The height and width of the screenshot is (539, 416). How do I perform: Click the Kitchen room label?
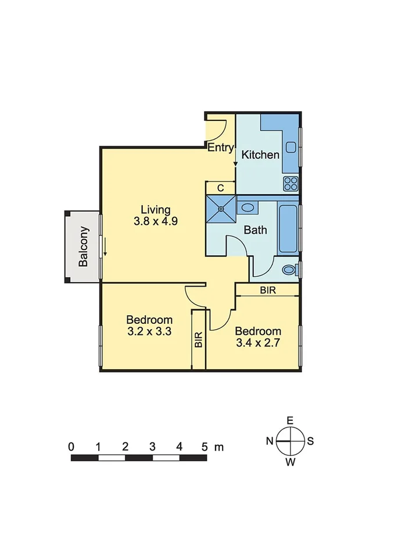coord(260,155)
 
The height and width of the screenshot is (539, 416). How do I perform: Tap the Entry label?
coord(220,148)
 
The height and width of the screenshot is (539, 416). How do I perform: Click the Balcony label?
coord(84,247)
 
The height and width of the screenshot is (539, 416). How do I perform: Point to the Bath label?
coord(255,230)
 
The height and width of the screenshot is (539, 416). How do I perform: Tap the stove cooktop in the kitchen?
coord(291,184)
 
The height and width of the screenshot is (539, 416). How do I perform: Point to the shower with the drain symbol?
coord(221,209)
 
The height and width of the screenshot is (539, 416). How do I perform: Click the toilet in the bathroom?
coord(289,270)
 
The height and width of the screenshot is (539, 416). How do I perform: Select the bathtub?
coord(288,228)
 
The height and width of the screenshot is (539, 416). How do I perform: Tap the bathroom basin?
coord(248,207)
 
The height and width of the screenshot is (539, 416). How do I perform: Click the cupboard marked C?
coord(221,188)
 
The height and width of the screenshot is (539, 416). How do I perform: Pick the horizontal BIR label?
coord(268,290)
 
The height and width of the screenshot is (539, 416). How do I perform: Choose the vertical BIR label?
coord(199,340)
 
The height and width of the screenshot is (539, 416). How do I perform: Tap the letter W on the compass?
coord(290,462)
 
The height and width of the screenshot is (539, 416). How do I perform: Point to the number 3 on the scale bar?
coord(152,447)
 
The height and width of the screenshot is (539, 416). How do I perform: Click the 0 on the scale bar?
coord(71,447)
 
